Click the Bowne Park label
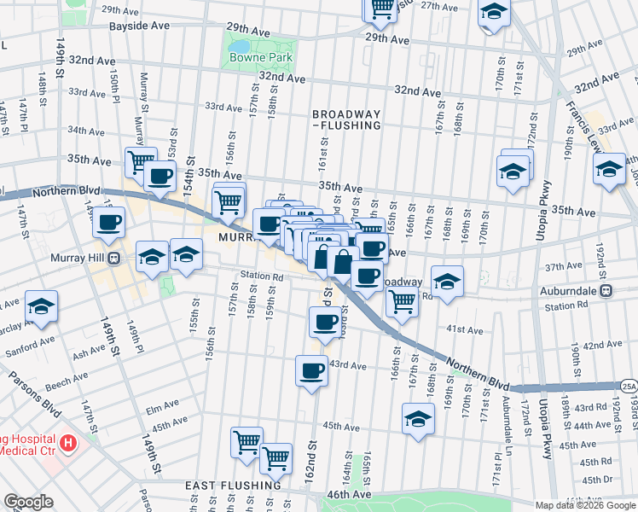(260, 58)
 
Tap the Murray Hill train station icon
(113, 259)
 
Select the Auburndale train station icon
(606, 290)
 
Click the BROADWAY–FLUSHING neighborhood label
(345, 119)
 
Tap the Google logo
(28, 502)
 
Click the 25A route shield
(629, 385)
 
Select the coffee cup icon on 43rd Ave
(311, 370)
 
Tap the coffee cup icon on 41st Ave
(325, 323)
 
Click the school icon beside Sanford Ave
(41, 307)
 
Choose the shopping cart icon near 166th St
(402, 300)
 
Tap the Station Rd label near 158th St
(261, 276)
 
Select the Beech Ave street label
(67, 377)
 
